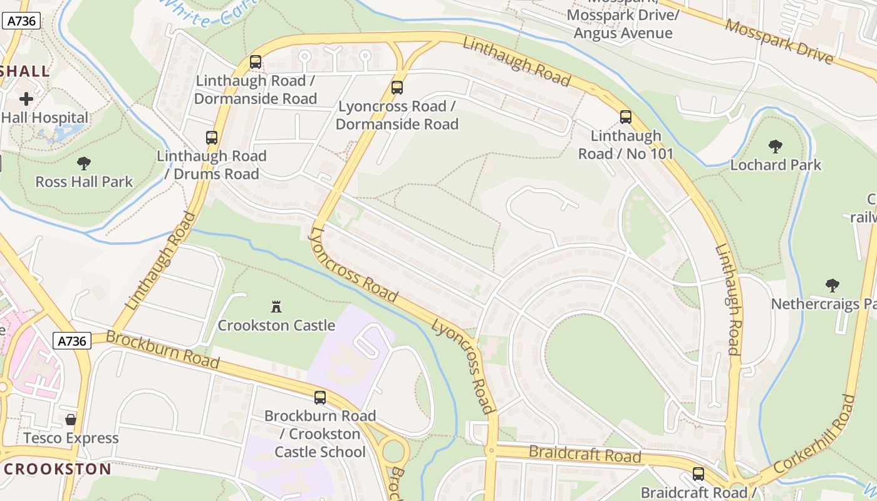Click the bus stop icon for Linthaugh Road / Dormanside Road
(255, 62)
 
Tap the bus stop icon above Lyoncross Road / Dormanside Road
(397, 88)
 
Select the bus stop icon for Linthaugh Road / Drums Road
(212, 138)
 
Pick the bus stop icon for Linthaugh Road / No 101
(625, 117)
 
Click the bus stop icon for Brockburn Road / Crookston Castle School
(320, 398)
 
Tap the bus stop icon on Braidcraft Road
(698, 474)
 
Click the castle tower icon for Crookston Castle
(276, 306)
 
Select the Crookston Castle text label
(276, 326)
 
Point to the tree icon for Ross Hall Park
(83, 163)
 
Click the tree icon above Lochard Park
(775, 147)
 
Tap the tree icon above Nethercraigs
(832, 286)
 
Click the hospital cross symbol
(26, 99)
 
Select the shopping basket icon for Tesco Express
(71, 419)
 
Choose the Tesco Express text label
(71, 438)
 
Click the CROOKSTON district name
(58, 469)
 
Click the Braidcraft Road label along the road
(585, 454)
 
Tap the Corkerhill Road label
(814, 434)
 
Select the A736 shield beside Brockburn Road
(72, 341)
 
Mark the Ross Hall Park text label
(84, 182)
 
